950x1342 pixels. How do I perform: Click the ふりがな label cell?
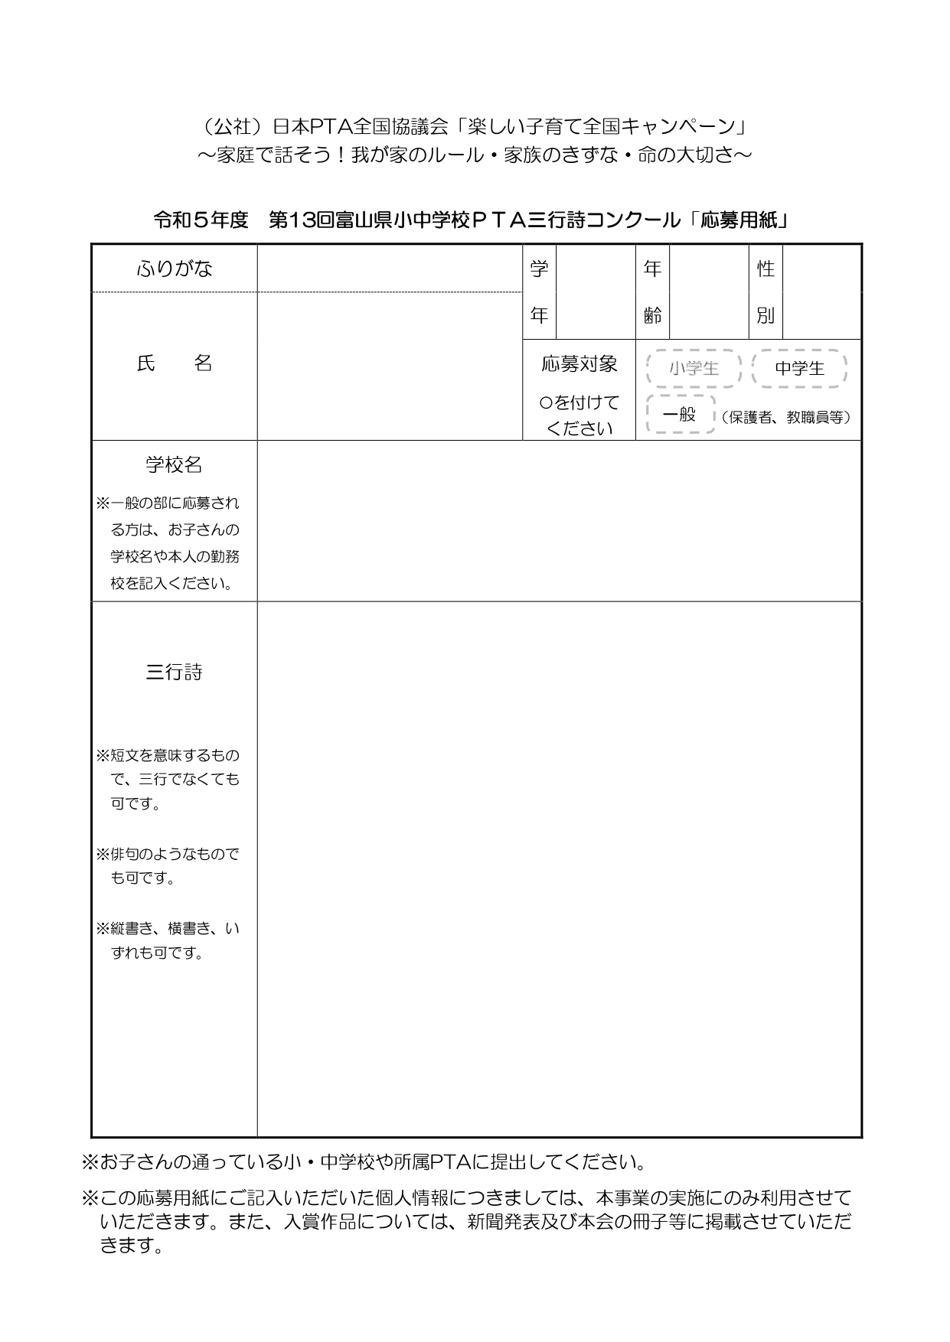pos(174,269)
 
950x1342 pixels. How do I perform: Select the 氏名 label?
pos(174,364)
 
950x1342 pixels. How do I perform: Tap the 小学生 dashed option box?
pos(694,369)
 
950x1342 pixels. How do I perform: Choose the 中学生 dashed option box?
pos(799,369)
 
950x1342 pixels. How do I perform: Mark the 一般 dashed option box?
pos(680,415)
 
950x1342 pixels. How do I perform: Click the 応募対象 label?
pos(579,364)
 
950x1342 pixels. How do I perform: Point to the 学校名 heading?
pos(174,464)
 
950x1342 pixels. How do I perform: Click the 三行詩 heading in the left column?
pos(174,673)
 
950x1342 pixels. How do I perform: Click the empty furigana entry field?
pos(390,269)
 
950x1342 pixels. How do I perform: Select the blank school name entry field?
pos(559,521)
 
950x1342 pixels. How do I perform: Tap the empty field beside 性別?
pos(821,292)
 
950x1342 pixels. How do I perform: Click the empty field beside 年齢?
pos(708,292)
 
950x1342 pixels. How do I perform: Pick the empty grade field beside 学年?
pos(595,292)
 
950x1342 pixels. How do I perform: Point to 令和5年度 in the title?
pos(201,220)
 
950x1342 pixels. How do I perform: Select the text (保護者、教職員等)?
pos(785,418)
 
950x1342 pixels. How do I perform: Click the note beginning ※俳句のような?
pos(168,865)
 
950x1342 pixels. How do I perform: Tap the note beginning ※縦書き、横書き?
pos(168,940)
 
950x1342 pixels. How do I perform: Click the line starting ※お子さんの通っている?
pos(364,1163)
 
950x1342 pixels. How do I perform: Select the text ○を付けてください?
pos(579,415)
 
